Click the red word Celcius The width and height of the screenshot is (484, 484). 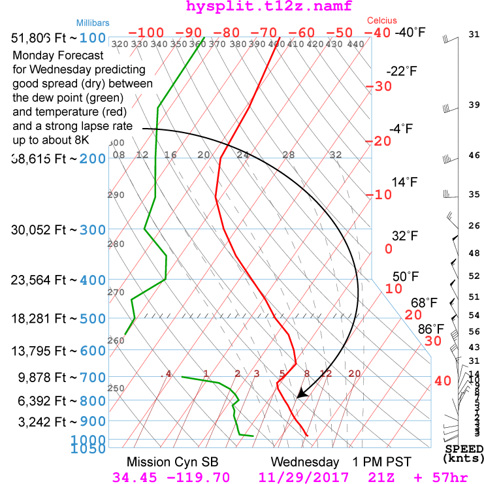click(x=382, y=21)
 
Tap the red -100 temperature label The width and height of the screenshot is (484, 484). click(x=146, y=33)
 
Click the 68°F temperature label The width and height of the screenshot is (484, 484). click(x=423, y=303)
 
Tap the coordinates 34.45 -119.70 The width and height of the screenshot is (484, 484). click(x=172, y=477)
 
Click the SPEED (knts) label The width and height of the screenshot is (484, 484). click(x=464, y=454)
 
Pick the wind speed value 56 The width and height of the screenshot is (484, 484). click(x=474, y=332)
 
